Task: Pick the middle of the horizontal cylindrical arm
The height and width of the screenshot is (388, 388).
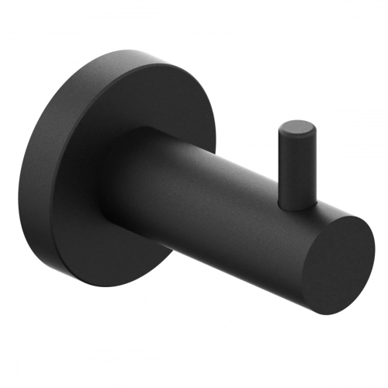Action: [x=225, y=210]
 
